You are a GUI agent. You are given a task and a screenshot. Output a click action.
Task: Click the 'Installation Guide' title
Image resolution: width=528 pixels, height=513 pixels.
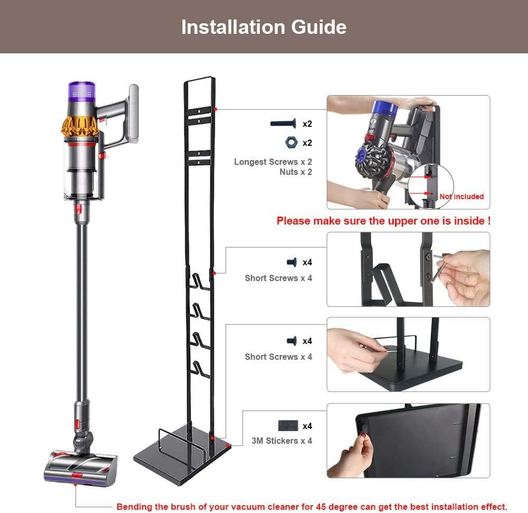tap(263, 27)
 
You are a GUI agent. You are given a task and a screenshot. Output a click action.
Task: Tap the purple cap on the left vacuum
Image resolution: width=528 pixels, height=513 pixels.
tap(82, 91)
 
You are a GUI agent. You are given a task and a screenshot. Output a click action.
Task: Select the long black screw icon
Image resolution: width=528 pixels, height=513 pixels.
tap(285, 124)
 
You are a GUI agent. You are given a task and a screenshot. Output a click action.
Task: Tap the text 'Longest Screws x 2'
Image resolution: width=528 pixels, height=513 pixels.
tap(273, 162)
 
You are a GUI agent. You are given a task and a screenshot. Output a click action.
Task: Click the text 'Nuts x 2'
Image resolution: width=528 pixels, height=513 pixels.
tap(296, 172)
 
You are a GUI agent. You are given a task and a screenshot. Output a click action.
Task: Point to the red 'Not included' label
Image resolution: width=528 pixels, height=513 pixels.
tap(461, 197)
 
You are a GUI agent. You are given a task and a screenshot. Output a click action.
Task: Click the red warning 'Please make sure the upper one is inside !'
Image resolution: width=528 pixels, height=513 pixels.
tap(383, 221)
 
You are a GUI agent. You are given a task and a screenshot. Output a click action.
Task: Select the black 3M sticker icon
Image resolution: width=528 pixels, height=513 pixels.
tap(288, 425)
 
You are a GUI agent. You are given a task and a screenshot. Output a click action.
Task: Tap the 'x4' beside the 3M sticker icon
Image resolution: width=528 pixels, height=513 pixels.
tap(307, 426)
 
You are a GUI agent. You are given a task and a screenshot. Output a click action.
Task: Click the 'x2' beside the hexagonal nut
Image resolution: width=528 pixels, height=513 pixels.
tap(307, 143)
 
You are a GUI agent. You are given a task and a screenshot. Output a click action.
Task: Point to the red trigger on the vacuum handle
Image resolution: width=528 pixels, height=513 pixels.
tap(106, 155)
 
